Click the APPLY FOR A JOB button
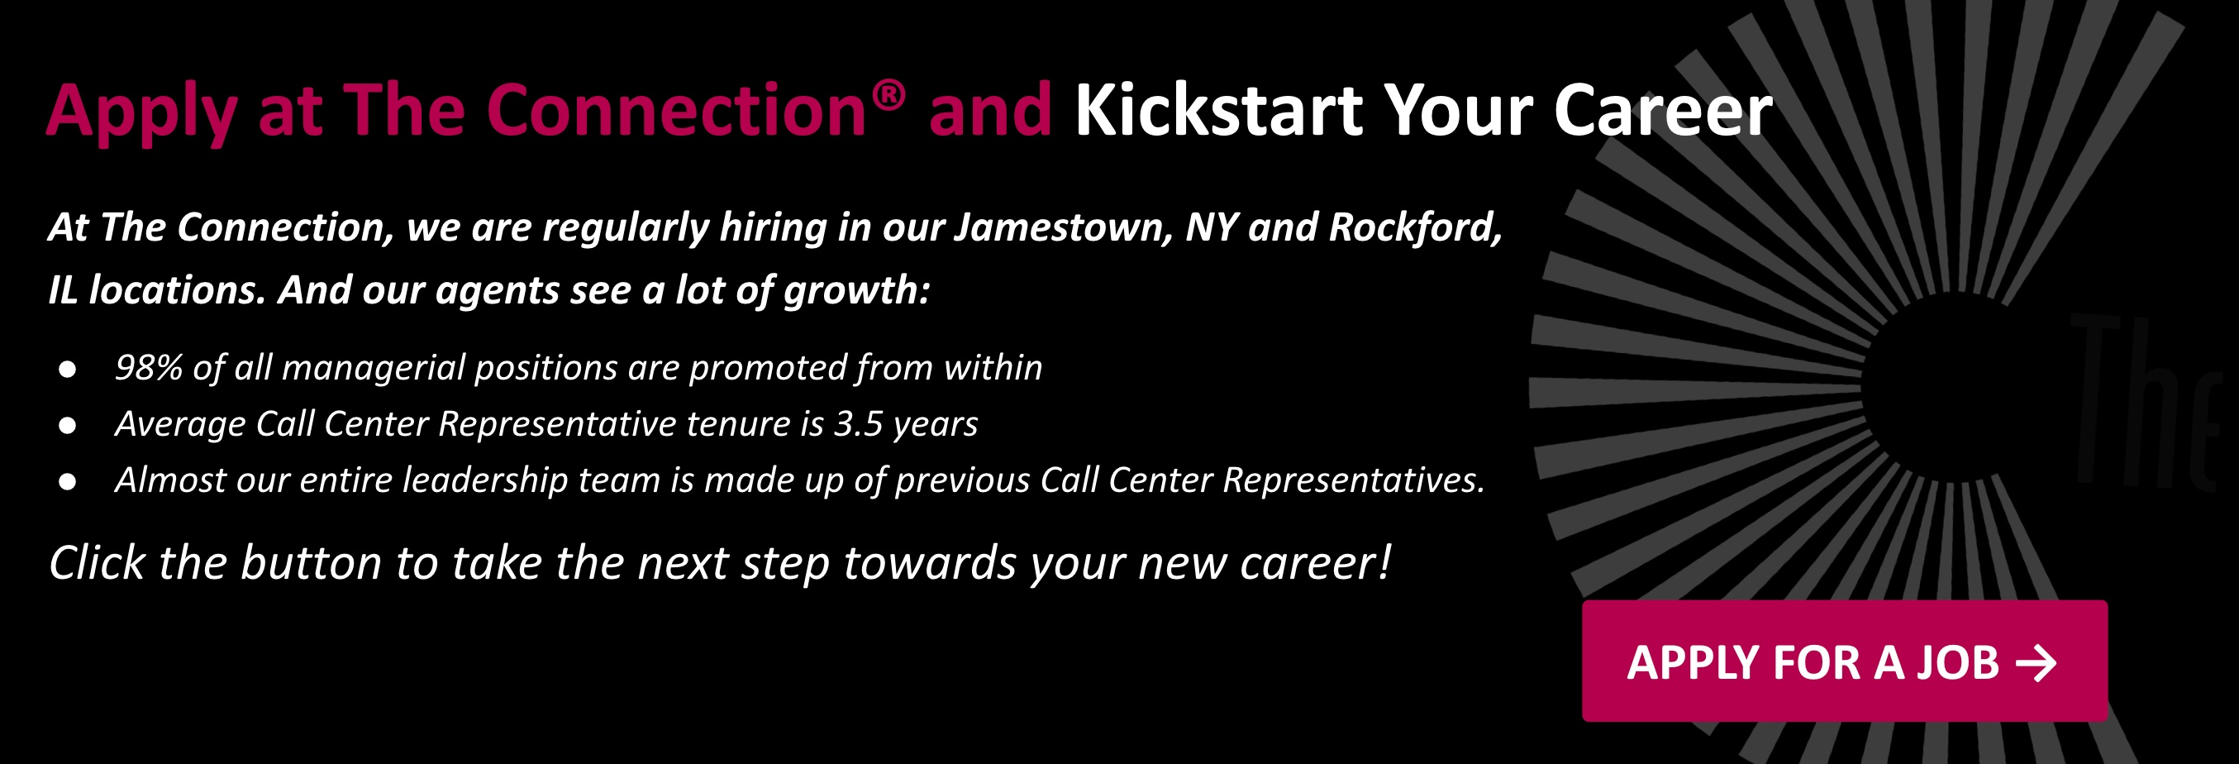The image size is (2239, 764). (1845, 661)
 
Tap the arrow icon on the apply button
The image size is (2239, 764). (2036, 663)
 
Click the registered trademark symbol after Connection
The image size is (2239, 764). (889, 94)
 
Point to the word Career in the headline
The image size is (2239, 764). (1663, 111)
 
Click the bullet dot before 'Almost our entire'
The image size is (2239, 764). (67, 481)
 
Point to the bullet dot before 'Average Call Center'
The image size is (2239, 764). (67, 425)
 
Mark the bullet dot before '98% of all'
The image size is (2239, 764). (67, 370)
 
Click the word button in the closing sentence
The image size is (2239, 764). (311, 562)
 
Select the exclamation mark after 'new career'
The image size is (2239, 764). (1384, 562)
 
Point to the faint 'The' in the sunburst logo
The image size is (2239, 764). (2143, 402)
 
